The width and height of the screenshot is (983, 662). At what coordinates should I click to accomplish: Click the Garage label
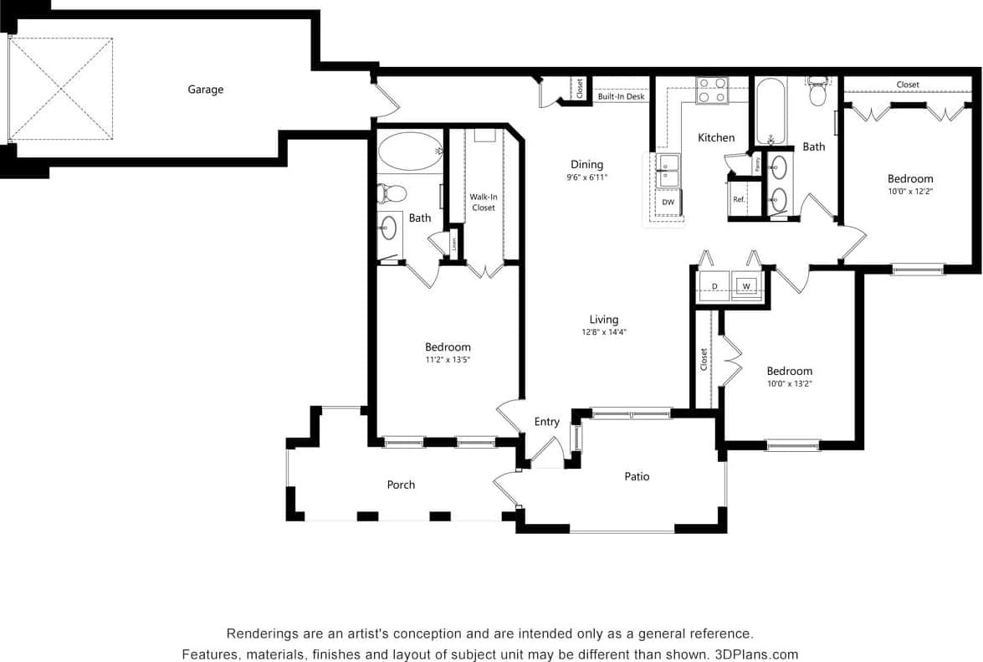click(x=205, y=90)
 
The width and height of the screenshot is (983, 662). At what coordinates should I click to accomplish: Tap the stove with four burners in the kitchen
click(x=712, y=90)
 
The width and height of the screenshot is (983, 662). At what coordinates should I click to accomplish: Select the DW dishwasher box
click(x=668, y=202)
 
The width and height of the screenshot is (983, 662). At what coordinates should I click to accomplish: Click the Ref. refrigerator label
click(x=739, y=200)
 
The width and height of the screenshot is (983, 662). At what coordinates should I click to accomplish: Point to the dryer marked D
click(x=714, y=286)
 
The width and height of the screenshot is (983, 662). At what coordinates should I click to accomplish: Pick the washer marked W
click(x=746, y=286)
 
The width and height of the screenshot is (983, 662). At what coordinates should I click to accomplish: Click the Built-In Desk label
click(x=621, y=97)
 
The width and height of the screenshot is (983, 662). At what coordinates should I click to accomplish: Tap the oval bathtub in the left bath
click(x=410, y=151)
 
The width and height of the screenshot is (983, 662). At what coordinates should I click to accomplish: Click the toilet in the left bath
click(x=392, y=193)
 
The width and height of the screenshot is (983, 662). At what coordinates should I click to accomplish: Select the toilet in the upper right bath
click(x=817, y=93)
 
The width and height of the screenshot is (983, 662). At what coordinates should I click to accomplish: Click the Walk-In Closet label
click(x=483, y=202)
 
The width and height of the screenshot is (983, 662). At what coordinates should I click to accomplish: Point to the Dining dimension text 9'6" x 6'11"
click(x=586, y=177)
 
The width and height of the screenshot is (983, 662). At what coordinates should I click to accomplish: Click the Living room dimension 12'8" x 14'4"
click(x=603, y=332)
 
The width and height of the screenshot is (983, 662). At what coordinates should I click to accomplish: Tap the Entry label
click(x=546, y=422)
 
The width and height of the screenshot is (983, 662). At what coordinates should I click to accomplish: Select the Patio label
click(x=637, y=476)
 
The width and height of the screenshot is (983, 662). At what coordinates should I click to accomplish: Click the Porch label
click(x=401, y=485)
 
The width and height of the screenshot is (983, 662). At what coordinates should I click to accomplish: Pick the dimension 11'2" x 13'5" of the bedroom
click(x=448, y=360)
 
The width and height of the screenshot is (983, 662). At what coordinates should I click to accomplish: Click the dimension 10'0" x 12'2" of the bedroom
click(x=910, y=191)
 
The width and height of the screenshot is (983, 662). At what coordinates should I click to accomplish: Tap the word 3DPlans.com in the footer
click(x=756, y=654)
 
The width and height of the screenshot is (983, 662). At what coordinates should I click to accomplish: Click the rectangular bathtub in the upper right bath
click(x=771, y=111)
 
